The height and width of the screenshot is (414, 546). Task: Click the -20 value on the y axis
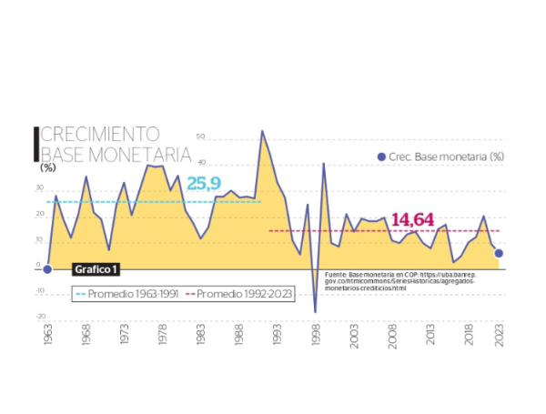[41, 317]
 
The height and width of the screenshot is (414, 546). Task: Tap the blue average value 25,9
[205, 183]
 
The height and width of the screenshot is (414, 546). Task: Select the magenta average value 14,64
[412, 219]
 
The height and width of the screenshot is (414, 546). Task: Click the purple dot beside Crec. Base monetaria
[381, 157]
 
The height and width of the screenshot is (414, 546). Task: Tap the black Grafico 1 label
[96, 269]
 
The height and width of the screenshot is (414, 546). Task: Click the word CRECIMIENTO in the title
[100, 135]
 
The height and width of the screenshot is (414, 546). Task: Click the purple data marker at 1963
[47, 268]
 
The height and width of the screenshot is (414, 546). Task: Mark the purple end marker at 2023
[499, 253]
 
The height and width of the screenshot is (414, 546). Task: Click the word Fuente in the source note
[335, 272]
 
